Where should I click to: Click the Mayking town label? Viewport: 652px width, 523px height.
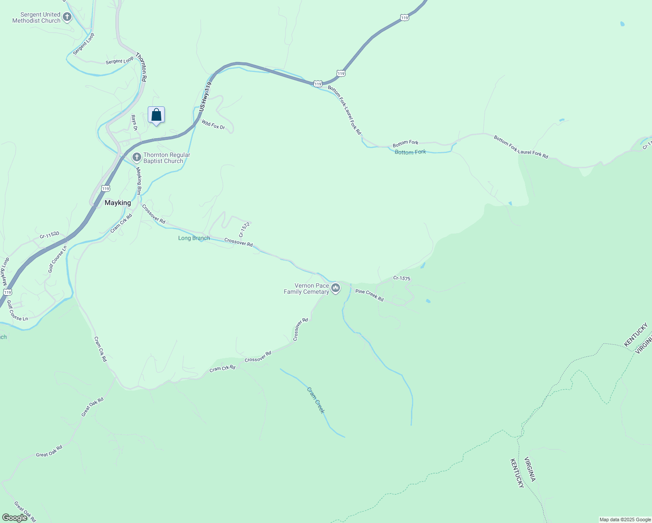[118, 203]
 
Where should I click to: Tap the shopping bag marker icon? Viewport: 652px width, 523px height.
[156, 115]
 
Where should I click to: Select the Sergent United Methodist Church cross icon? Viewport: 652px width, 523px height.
[67, 17]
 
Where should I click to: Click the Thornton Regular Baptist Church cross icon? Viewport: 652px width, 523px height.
[137, 157]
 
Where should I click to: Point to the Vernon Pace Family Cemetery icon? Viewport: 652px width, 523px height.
[336, 288]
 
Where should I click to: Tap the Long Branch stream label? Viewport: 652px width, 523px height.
[194, 238]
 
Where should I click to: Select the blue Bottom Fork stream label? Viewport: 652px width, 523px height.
[410, 152]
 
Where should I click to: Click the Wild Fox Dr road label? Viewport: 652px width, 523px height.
[213, 125]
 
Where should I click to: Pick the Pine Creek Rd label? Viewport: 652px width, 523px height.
[370, 295]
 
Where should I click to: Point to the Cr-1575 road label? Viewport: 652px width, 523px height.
[401, 278]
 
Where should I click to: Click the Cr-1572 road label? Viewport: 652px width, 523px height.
[244, 230]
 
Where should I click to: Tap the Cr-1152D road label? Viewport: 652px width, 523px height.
[49, 235]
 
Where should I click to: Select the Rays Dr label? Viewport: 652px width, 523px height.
[134, 123]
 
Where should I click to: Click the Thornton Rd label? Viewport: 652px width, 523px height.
[141, 67]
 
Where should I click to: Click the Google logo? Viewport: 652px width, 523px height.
[14, 518]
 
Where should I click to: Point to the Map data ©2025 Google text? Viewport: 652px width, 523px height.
[625, 520]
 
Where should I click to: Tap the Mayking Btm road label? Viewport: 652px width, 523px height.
[139, 181]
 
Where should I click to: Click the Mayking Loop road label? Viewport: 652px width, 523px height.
[4, 270]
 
